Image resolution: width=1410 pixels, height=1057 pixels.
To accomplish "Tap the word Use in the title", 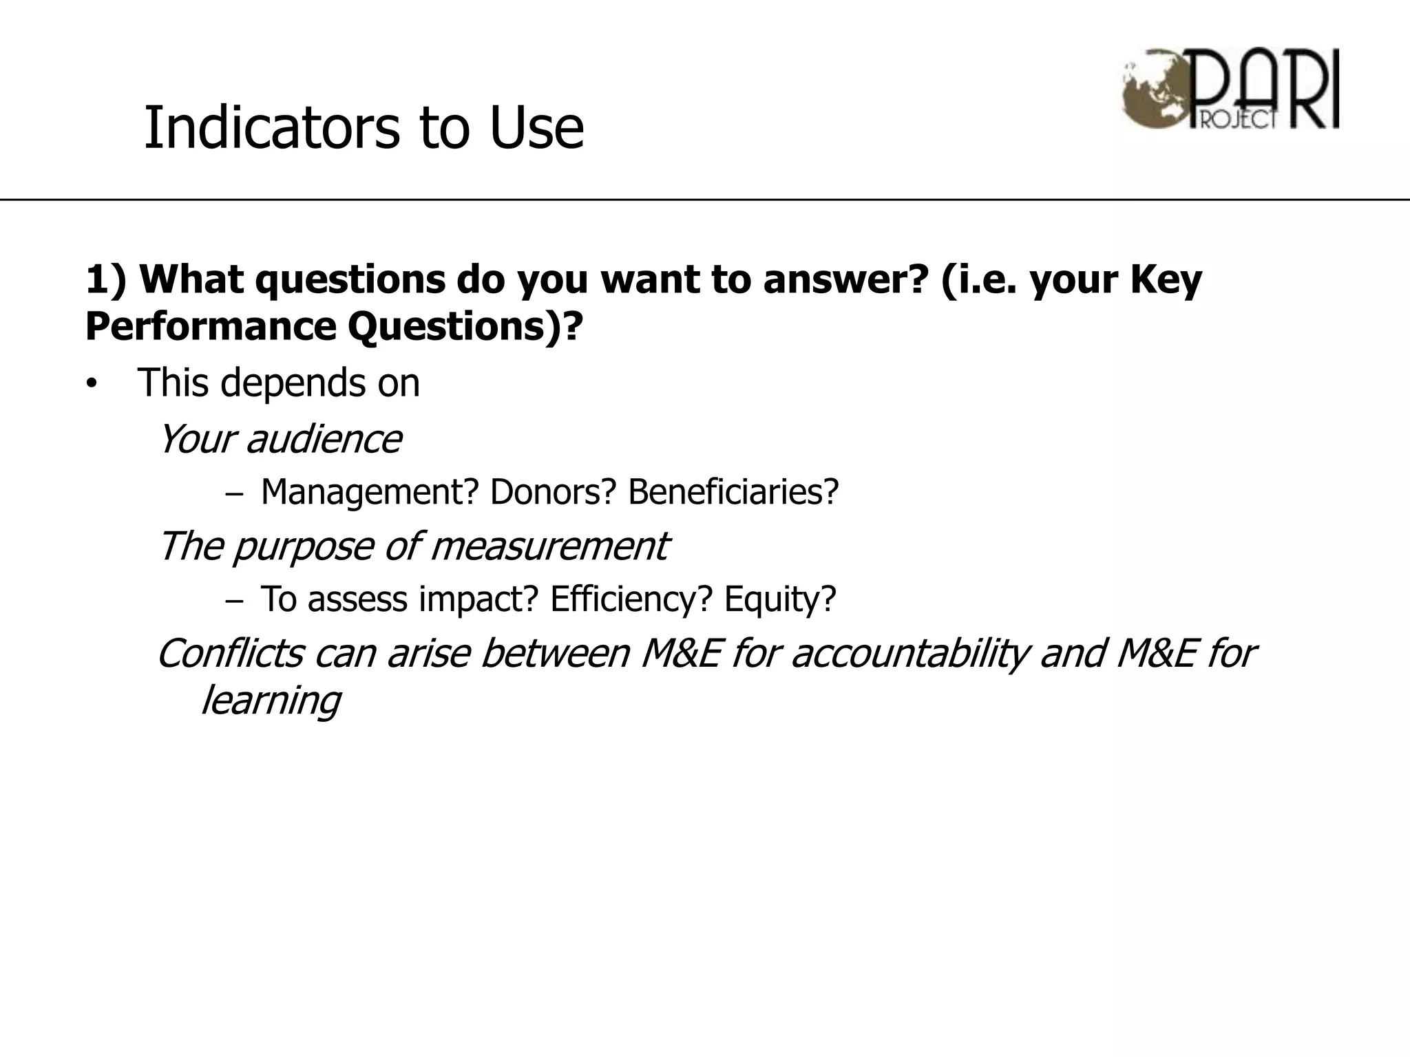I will [536, 128].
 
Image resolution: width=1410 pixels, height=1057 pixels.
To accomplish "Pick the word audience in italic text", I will [324, 439].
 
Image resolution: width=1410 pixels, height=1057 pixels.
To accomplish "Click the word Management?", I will [369, 492].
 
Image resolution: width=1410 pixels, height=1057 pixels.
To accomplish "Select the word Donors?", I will [551, 492].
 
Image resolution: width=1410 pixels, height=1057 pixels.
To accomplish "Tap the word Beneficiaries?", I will [733, 492].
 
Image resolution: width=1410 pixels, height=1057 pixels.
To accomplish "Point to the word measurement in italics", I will [549, 546].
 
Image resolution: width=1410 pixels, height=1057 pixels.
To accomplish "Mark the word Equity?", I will [779, 599].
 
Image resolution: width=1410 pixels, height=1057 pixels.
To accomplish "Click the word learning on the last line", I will [271, 701].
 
